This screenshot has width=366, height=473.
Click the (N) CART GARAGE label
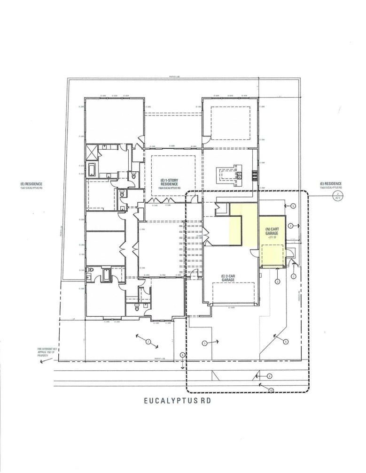point(273,231)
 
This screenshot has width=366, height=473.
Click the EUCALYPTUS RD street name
point(183,402)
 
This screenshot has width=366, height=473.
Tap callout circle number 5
point(292,206)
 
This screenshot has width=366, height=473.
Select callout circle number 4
point(291,226)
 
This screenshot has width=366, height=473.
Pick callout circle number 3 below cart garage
point(277,282)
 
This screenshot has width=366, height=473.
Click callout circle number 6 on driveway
point(286,342)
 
